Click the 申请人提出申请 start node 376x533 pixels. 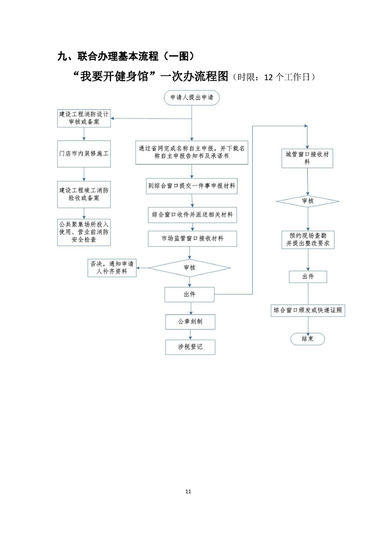point(191,97)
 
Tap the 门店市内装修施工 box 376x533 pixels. point(84,153)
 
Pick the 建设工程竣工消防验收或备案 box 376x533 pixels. point(84,195)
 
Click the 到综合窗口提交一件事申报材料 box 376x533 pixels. point(191,186)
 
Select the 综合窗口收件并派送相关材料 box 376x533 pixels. point(191,214)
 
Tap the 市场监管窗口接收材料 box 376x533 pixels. point(191,239)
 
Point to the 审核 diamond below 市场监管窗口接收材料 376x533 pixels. point(190,268)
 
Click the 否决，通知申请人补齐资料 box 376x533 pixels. point(112,268)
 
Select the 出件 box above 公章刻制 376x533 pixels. point(190,294)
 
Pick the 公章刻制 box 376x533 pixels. point(190,322)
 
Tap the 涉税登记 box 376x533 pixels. point(190,347)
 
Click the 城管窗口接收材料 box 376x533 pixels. point(307,157)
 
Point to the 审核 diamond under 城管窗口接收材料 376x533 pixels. point(307,201)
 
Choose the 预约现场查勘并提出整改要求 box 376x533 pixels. point(307,240)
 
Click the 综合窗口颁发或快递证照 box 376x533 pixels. point(308,310)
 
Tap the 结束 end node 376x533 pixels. point(307,339)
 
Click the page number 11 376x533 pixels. point(188,491)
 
